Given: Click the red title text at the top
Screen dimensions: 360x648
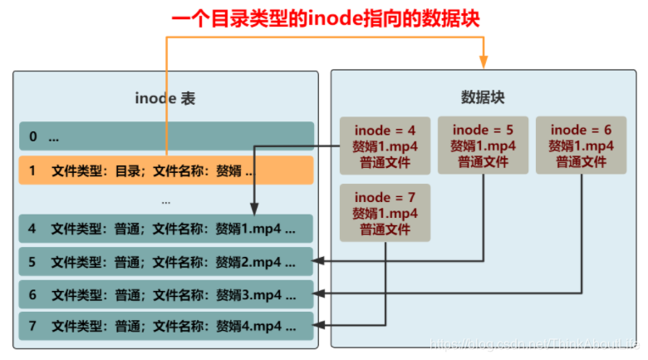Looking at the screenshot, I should tap(324, 17).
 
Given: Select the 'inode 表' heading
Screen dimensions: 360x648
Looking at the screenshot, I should tap(165, 99).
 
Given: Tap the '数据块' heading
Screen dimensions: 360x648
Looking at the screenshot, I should tap(483, 97).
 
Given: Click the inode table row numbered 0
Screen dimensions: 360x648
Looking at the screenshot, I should tap(166, 136).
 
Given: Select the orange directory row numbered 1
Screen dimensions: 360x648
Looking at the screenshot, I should tap(166, 171).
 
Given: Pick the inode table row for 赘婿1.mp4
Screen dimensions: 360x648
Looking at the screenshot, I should tap(166, 229).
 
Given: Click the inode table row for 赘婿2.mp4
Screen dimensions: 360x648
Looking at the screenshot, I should tap(166, 262).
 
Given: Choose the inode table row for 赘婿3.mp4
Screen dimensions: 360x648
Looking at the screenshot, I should tap(166, 294).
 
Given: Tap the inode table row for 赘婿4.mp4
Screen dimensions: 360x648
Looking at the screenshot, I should tap(166, 326).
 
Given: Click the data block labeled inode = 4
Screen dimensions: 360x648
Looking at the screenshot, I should tap(385, 145).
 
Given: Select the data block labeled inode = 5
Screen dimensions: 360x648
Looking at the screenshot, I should tap(483, 145).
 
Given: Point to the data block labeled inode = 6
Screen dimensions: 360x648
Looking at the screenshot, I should tap(581, 145).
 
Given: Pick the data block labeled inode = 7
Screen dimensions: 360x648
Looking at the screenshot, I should tap(385, 213).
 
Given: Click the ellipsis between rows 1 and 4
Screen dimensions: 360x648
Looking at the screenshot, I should tap(166, 201).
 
